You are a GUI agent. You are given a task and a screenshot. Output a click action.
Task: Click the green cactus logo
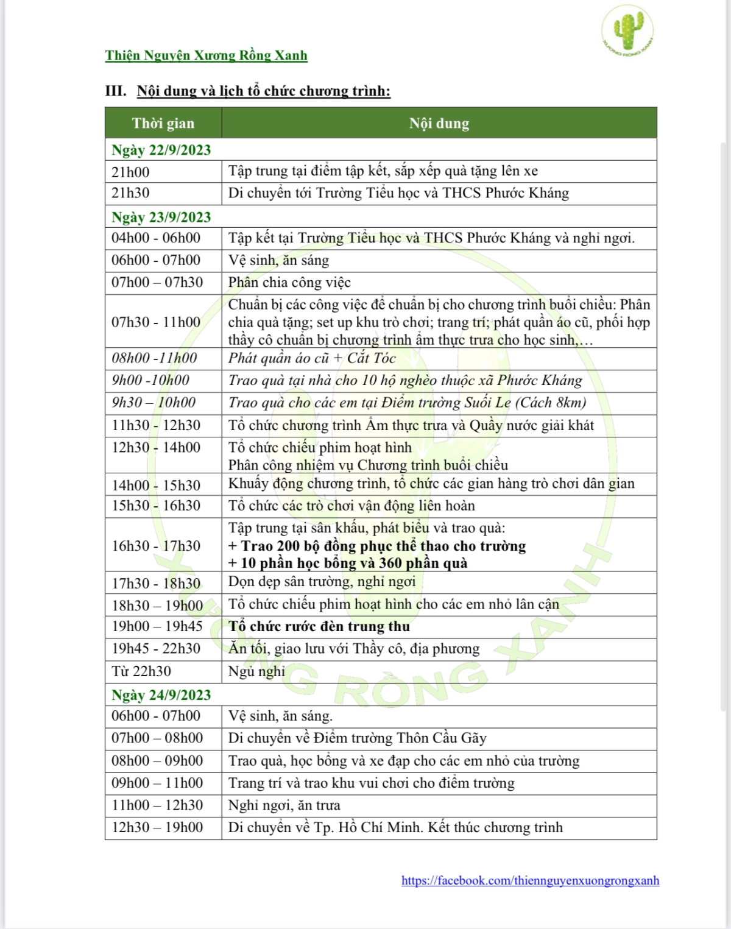[x=627, y=30]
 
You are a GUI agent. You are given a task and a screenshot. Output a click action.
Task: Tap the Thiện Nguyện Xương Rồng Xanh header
[x=206, y=55]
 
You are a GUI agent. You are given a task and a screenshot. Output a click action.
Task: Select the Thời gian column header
[x=163, y=123]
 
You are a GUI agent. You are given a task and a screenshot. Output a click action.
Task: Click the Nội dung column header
[x=439, y=123]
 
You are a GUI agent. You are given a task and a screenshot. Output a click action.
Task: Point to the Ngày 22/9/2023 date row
[x=161, y=150]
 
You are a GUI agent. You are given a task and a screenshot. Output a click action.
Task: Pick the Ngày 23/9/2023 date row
[x=161, y=217]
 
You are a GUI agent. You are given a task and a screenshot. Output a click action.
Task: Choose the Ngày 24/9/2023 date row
[x=161, y=695]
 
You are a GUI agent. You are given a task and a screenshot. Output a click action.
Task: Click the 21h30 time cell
[x=130, y=193]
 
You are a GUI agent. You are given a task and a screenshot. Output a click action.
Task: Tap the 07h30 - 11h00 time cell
[x=156, y=322]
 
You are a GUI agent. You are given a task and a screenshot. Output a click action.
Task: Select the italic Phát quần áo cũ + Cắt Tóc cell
[x=312, y=358]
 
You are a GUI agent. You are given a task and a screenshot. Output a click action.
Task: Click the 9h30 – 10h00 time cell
[x=154, y=403]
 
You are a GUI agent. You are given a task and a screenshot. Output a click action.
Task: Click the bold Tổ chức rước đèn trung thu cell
[x=319, y=626]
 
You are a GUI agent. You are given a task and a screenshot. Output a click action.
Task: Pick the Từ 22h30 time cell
[x=141, y=671]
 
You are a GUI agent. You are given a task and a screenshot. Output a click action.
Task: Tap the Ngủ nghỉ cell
[x=256, y=671]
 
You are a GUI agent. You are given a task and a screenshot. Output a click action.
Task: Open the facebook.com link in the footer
[x=530, y=880]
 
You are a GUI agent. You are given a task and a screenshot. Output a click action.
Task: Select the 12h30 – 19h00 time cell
[x=157, y=827]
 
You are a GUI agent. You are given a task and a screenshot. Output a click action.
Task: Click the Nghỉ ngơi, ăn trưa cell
[x=284, y=805]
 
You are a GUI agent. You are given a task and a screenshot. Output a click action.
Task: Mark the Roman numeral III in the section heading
[x=116, y=91]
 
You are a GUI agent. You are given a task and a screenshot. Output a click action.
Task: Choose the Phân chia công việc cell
[x=289, y=283]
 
